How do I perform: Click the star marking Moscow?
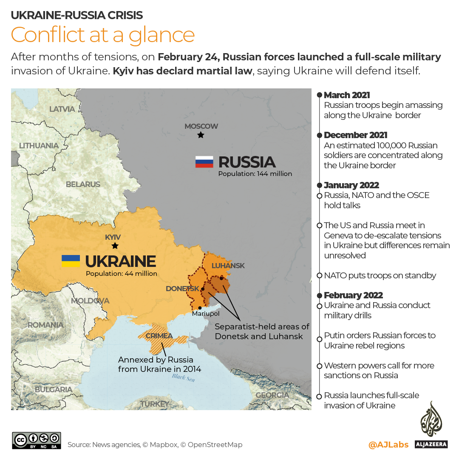click(x=201, y=135)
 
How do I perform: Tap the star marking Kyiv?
click(x=115, y=246)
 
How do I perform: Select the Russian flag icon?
click(x=204, y=162)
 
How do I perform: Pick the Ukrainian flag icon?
click(x=71, y=261)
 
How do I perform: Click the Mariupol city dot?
click(x=200, y=308)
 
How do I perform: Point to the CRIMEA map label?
click(x=159, y=336)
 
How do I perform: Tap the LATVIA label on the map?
click(x=62, y=109)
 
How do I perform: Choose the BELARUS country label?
click(x=83, y=184)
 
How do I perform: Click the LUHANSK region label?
click(x=228, y=266)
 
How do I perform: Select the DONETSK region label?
click(x=183, y=289)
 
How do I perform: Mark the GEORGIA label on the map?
click(x=272, y=395)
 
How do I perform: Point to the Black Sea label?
click(x=184, y=377)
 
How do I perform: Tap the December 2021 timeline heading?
click(x=355, y=135)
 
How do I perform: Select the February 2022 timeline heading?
click(x=353, y=295)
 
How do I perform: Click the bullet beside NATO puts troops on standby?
click(x=319, y=276)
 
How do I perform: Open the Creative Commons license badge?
click(x=37, y=441)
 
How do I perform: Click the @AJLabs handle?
click(x=388, y=445)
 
